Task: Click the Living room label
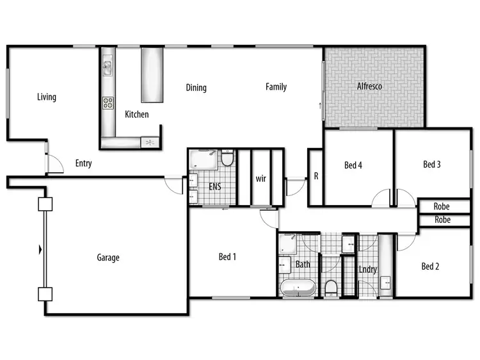pyautogui.click(x=47, y=97)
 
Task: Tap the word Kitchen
pyautogui.click(x=137, y=115)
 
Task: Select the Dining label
pyautogui.click(x=196, y=88)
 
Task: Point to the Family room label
pyautogui.click(x=276, y=87)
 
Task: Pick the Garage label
pyautogui.click(x=108, y=258)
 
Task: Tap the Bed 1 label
pyautogui.click(x=228, y=257)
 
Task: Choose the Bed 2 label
pyautogui.click(x=431, y=266)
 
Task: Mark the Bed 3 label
pyautogui.click(x=432, y=165)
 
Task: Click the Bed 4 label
pyautogui.click(x=354, y=165)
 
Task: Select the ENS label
pyautogui.click(x=215, y=187)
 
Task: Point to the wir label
pyautogui.click(x=260, y=177)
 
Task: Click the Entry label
pyautogui.click(x=83, y=163)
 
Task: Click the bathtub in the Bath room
pyautogui.click(x=298, y=288)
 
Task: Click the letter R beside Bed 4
pyautogui.click(x=316, y=176)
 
